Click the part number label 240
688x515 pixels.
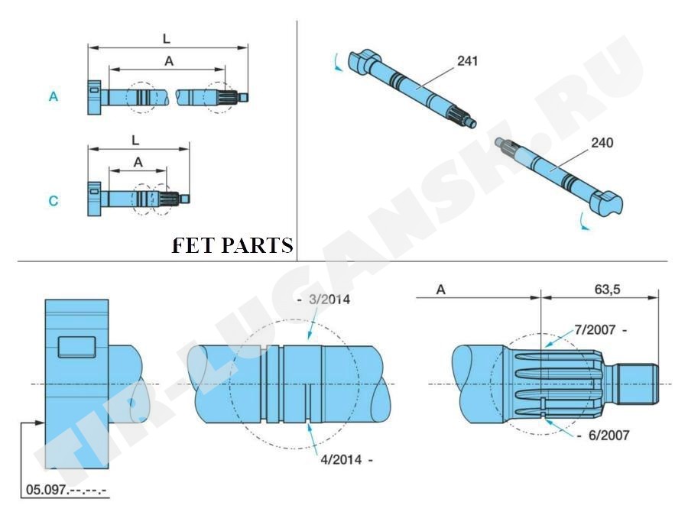tap(602, 142)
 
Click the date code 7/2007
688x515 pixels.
tap(596, 330)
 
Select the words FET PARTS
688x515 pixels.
tap(232, 246)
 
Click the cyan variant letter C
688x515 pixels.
tap(54, 201)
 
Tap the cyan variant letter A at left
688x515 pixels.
tap(54, 97)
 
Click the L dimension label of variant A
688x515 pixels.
tap(167, 37)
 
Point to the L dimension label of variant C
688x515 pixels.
tap(135, 141)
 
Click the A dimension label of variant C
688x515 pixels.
tap(138, 162)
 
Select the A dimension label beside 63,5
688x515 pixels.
tap(441, 290)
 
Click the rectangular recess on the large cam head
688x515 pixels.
tap(76, 347)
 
